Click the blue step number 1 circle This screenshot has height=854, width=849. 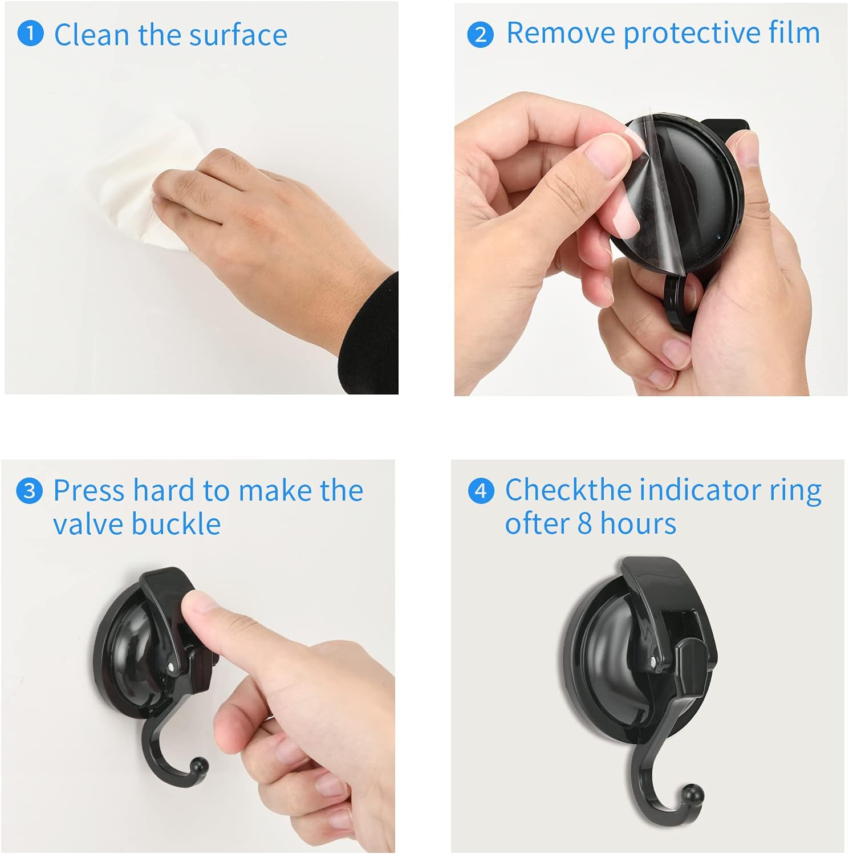click(30, 33)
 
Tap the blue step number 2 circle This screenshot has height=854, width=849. click(480, 35)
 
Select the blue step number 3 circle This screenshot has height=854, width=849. click(29, 491)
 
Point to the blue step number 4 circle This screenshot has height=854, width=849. click(481, 491)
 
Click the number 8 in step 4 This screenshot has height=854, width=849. click(584, 524)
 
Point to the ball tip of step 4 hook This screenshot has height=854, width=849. click(693, 794)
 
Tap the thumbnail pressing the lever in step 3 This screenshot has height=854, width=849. click(195, 604)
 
